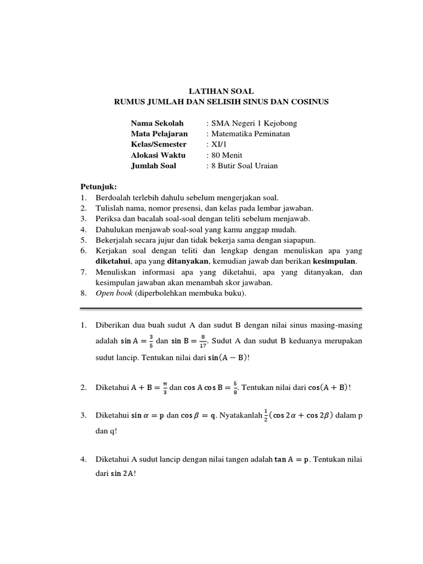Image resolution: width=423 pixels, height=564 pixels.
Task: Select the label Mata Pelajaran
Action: point(159,133)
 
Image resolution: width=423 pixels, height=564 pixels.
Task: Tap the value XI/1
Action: point(216,144)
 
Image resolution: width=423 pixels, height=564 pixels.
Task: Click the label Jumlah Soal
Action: point(154,165)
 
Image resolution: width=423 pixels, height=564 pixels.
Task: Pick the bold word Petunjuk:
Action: point(99,187)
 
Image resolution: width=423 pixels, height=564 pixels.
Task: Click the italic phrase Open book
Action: point(115,294)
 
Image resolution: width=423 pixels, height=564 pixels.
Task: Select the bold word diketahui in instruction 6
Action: point(114,261)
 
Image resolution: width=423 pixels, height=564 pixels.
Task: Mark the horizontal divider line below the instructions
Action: point(221,308)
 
